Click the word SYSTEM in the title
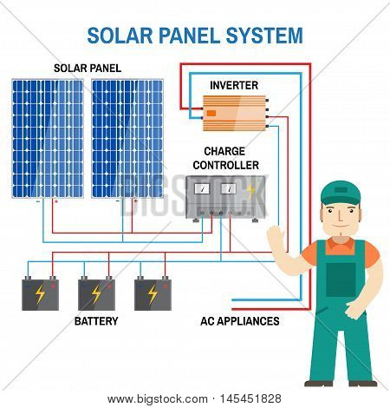point(264,36)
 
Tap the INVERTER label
point(234,85)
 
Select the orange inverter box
point(235,113)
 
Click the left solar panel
point(48,139)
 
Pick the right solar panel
point(127,139)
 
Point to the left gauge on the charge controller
point(202,189)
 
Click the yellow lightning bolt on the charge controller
point(250,190)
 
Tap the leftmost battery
point(41,293)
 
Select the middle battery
point(96,293)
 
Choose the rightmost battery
point(153,293)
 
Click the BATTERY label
point(96,321)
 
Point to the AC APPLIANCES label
point(240,321)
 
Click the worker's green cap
point(341,193)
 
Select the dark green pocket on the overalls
point(341,280)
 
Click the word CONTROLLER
point(226,165)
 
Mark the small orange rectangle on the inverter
point(211,113)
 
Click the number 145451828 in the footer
point(250,398)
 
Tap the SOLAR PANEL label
point(88,69)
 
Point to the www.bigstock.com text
point(158,399)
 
